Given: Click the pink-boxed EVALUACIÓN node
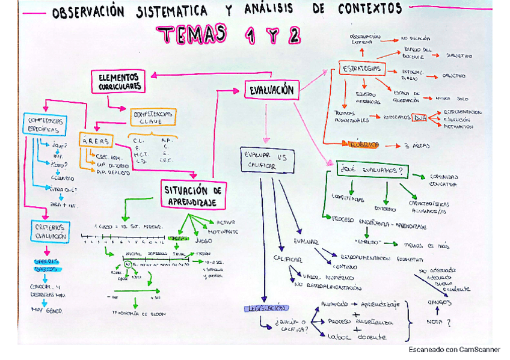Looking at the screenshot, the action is tap(271, 90).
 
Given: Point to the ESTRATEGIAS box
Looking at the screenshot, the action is tap(361, 69).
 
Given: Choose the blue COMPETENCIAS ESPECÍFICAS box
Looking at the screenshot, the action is tap(44, 125).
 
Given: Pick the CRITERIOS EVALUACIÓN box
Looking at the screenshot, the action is tap(51, 231).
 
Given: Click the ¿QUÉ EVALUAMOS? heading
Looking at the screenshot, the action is tap(372, 170).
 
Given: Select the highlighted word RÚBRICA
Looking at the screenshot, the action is tap(363, 144).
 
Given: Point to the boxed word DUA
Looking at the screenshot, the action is tap(419, 118).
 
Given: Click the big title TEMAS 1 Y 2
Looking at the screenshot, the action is tap(229, 35).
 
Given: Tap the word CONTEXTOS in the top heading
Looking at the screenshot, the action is tap(370, 9).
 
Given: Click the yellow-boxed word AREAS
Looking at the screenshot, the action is tap(95, 141).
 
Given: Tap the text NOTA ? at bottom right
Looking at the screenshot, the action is tap(438, 322).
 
